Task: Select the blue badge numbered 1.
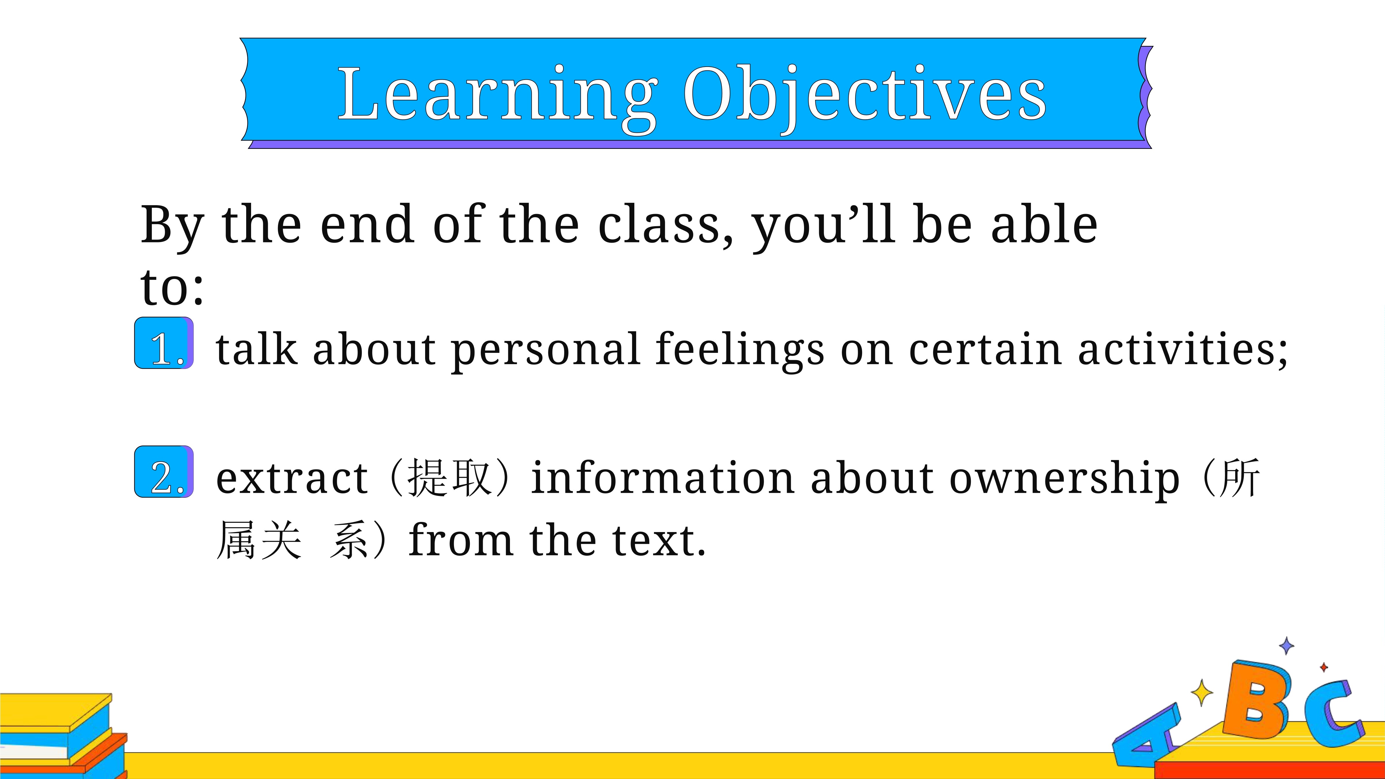pyautogui.click(x=164, y=343)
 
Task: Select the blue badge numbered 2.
pyautogui.click(x=164, y=471)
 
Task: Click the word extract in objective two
pyautogui.click(x=292, y=478)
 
